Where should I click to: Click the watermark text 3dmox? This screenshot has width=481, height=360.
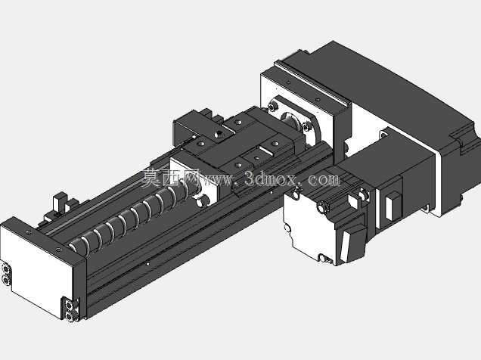tap(271, 178)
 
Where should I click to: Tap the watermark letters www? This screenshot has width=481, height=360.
tap(217, 180)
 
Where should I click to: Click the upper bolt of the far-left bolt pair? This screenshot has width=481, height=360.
tap(5, 269)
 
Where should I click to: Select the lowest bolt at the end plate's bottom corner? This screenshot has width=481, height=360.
tap(70, 316)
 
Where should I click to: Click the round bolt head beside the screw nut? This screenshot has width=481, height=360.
tap(203, 200)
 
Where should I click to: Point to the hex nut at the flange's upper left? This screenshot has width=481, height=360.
tap(273, 107)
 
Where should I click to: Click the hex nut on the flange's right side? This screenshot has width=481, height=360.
tap(306, 126)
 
